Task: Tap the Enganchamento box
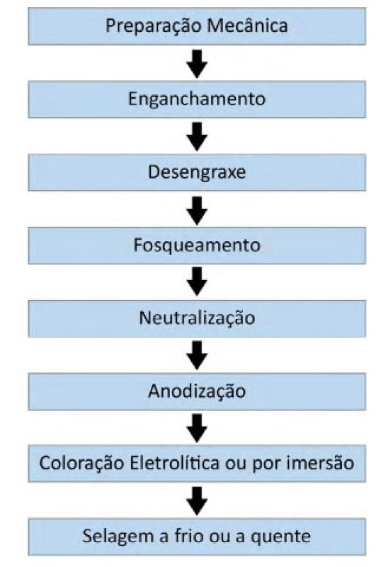coord(197,99)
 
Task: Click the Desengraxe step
coord(197,172)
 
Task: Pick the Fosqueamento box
coord(197,245)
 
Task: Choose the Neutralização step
coord(197,318)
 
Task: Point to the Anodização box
coord(197,392)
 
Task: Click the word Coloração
coord(82,464)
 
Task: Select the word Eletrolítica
coord(175,463)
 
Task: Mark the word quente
coord(280,537)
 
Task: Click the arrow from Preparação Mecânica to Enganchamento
coord(197,64)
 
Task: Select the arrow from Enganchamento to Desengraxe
coord(197,137)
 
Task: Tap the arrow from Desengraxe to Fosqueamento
coord(197,210)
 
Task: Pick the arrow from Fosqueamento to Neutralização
coord(197,283)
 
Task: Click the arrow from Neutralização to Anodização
coord(197,357)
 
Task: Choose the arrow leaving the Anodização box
coord(197,429)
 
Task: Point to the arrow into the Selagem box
coord(197,502)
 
